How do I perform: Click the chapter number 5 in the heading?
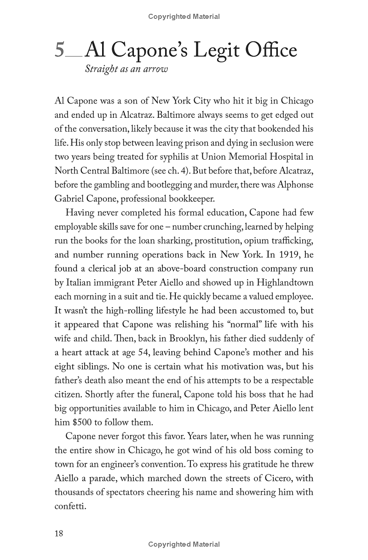click(60, 50)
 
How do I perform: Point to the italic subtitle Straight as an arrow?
click(126, 69)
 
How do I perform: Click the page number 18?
click(59, 533)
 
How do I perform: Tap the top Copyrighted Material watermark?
click(184, 17)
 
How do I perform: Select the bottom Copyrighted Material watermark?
click(184, 544)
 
